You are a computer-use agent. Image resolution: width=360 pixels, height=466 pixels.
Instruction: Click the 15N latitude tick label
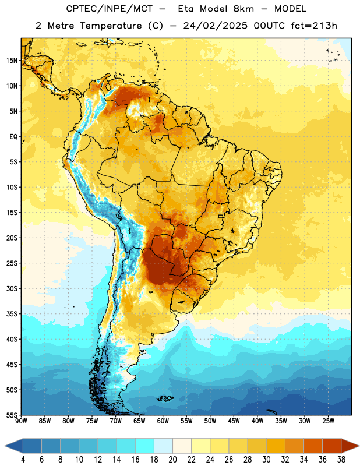click(x=12, y=61)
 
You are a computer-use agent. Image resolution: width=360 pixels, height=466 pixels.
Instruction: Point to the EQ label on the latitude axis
click(x=13, y=137)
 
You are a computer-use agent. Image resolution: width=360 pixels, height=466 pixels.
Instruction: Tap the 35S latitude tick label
click(x=12, y=314)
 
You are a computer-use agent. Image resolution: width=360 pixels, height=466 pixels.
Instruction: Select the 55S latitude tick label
click(x=12, y=415)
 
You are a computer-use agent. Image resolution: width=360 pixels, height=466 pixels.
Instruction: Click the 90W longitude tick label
click(x=21, y=421)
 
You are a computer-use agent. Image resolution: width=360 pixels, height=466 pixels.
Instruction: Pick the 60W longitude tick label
click(x=163, y=421)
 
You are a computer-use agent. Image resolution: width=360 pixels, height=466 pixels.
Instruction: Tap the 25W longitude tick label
click(x=328, y=421)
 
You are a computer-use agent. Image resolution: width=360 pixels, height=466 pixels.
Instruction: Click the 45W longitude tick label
click(x=234, y=421)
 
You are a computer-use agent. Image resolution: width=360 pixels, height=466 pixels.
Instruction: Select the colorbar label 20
click(x=172, y=460)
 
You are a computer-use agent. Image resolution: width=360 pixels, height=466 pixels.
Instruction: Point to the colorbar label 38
click(x=341, y=460)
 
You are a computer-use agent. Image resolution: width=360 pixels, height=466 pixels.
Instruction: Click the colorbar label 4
click(x=23, y=460)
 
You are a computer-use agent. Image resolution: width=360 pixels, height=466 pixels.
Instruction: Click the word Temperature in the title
click(x=111, y=26)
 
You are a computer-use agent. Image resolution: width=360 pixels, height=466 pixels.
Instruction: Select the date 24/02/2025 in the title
click(x=215, y=26)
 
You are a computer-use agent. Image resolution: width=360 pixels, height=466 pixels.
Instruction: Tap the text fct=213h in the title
click(x=314, y=26)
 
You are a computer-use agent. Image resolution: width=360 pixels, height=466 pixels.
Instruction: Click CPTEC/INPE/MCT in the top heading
click(x=109, y=9)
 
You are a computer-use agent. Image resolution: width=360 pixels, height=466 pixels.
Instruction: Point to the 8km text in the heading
click(x=243, y=9)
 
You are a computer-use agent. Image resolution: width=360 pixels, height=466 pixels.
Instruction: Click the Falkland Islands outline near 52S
click(x=165, y=398)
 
